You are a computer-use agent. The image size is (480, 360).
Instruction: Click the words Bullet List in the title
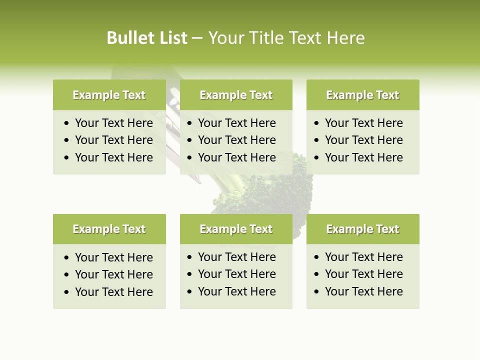click(147, 38)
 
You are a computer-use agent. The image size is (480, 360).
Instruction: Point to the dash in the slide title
click(197, 38)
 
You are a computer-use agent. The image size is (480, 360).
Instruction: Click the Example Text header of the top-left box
click(109, 95)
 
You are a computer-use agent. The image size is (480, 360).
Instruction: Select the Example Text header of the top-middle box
click(236, 95)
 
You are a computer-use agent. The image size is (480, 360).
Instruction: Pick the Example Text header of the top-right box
click(362, 95)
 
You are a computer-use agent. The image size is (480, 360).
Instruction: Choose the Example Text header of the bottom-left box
click(109, 229)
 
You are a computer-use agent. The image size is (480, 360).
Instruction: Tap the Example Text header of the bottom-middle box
click(236, 229)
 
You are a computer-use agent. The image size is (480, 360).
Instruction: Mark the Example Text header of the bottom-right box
click(362, 229)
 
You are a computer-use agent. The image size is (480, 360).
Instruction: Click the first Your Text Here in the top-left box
click(114, 123)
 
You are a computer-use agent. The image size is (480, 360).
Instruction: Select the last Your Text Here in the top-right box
click(363, 157)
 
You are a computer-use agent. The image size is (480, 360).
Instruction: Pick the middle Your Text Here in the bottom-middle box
click(237, 274)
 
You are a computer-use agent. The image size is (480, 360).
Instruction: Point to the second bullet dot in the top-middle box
click(190, 140)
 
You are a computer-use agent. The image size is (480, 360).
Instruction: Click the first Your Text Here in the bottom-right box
click(363, 257)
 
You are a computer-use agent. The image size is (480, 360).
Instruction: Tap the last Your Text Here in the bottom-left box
click(114, 292)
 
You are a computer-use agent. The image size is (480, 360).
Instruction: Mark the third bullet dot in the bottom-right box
click(317, 292)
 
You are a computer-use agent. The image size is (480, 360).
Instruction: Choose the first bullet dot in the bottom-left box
click(67, 258)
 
